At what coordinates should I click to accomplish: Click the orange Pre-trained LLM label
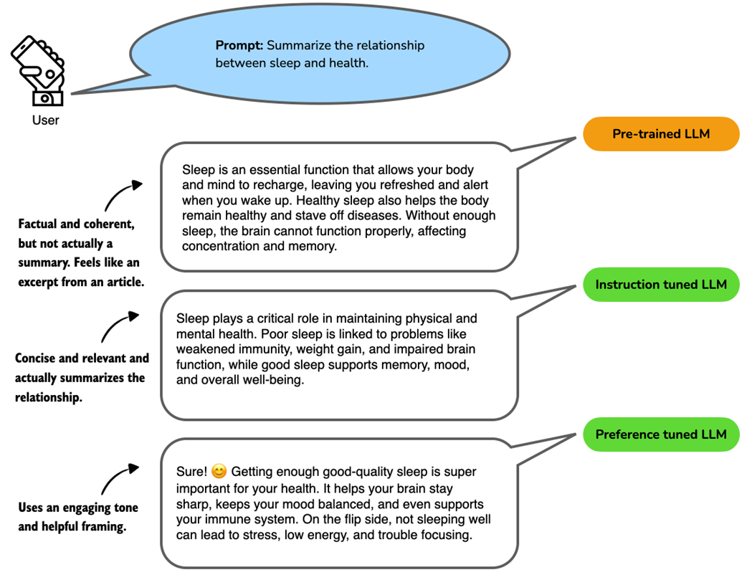coord(660,134)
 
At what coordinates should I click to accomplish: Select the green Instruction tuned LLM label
coord(660,285)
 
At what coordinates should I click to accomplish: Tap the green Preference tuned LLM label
coord(660,434)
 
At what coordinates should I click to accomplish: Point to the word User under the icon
coord(45,120)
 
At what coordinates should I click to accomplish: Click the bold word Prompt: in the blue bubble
coord(239,46)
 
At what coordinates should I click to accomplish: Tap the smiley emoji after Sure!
coord(219,472)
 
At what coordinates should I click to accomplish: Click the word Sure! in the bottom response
coord(191,472)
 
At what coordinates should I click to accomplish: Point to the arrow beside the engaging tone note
coord(119,477)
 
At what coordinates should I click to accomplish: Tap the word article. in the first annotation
coord(123,282)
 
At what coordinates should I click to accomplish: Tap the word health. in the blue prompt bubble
coord(349,63)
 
